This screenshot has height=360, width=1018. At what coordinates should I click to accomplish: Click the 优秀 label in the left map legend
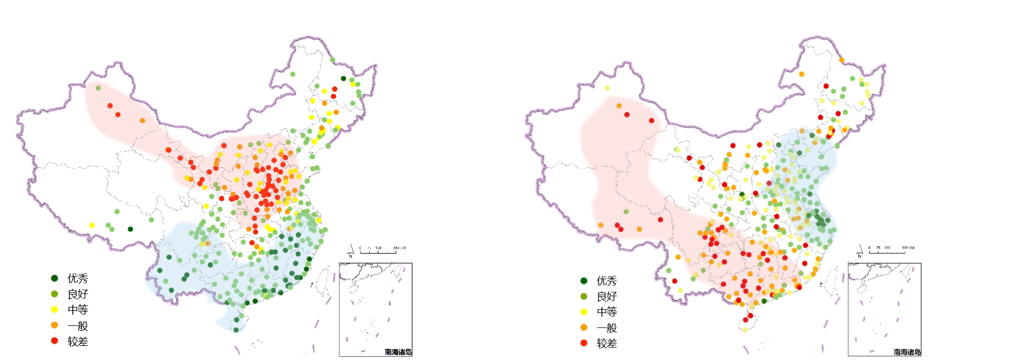pyautogui.click(x=77, y=278)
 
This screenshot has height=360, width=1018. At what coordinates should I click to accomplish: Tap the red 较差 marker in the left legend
pyautogui.click(x=54, y=341)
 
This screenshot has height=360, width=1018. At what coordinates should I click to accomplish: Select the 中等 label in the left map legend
pyautogui.click(x=77, y=310)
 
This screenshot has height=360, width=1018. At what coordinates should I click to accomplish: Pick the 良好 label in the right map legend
pyautogui.click(x=606, y=297)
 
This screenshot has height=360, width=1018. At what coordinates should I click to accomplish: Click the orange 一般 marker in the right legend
pyautogui.click(x=584, y=328)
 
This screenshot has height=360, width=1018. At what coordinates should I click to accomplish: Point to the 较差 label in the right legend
pyautogui.click(x=606, y=343)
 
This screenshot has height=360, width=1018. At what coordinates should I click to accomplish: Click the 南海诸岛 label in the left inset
pyautogui.click(x=398, y=352)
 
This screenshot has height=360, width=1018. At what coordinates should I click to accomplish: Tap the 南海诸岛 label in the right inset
pyautogui.click(x=907, y=352)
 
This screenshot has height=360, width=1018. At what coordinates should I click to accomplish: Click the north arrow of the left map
pyautogui.click(x=350, y=251)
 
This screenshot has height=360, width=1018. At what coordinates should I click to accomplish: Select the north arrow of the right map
pyautogui.click(x=859, y=251)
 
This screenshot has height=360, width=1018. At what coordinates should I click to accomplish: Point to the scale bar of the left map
pyautogui.click(x=381, y=251)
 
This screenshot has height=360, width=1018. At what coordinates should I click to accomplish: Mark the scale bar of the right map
pyautogui.click(x=891, y=251)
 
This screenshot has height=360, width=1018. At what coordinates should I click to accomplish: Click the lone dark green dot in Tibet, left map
pyautogui.click(x=130, y=229)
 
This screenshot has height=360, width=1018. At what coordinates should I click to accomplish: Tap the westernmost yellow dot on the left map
pyautogui.click(x=92, y=225)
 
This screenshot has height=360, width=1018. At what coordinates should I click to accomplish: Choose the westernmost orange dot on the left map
pyautogui.click(x=142, y=120)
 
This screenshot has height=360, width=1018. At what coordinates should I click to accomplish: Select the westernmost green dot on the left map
pyautogui.click(x=98, y=88)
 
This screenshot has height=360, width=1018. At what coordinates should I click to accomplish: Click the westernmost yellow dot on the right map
pyautogui.click(x=607, y=88)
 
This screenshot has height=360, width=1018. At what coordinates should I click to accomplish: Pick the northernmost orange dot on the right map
pyautogui.click(x=841, y=60)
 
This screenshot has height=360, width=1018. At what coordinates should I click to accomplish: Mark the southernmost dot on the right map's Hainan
pyautogui.click(x=745, y=330)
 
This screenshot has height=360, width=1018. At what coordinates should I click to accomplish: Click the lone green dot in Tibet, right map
pyautogui.click(x=626, y=212)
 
